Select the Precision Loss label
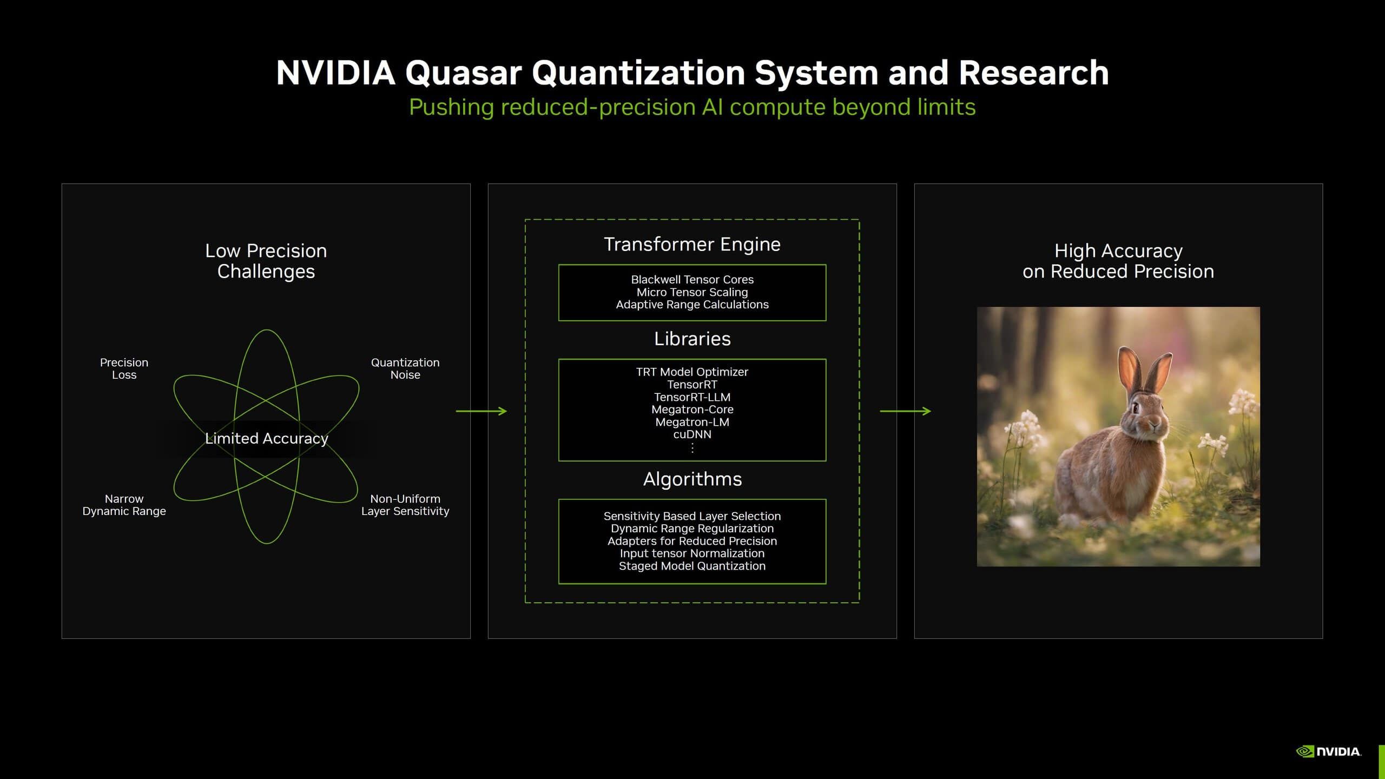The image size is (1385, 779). [x=124, y=368]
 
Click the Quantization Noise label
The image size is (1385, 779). [x=405, y=368]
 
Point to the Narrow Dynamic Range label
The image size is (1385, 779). [x=124, y=505]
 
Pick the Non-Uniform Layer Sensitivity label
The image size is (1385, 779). [x=405, y=505]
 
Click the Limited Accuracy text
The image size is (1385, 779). [x=266, y=438]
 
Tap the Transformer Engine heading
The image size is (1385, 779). [x=692, y=245]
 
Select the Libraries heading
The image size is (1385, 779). [x=692, y=339]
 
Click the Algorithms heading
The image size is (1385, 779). [x=692, y=479]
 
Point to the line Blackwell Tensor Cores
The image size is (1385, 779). [x=692, y=280]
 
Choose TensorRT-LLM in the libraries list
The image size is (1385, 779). [x=692, y=397]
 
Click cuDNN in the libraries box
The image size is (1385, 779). [x=692, y=434]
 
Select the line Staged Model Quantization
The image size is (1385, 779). [x=692, y=566]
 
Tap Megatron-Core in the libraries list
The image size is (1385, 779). [x=692, y=410]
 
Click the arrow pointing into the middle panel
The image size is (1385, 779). [x=481, y=411]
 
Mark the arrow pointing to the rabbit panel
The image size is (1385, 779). [x=905, y=411]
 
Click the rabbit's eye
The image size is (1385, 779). [x=1135, y=407]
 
